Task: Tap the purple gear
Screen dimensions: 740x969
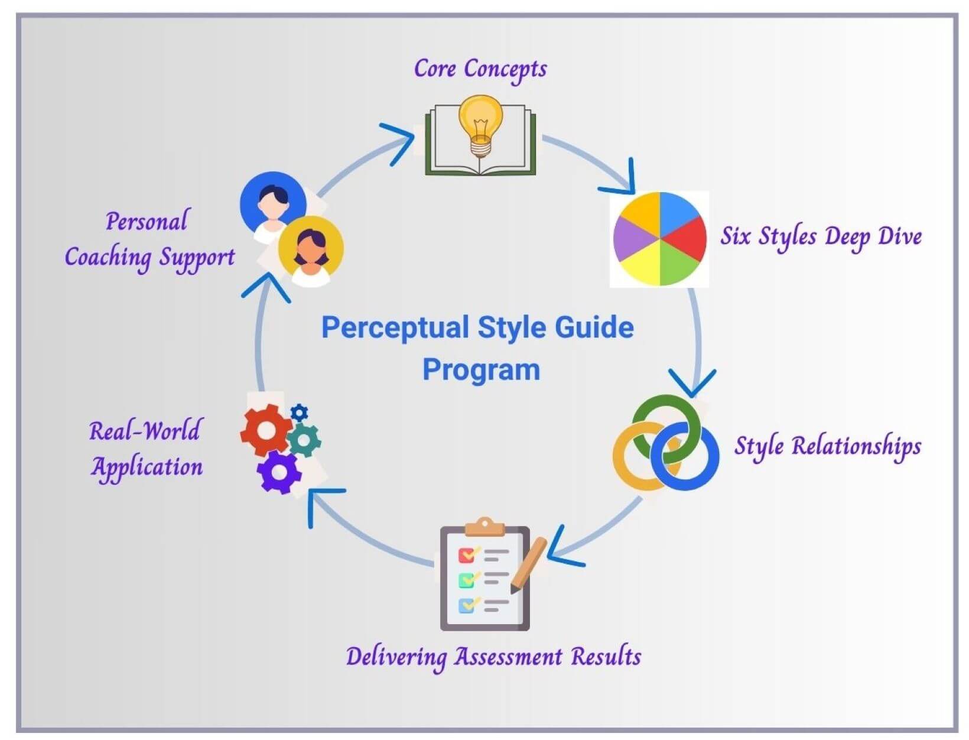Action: tap(278, 472)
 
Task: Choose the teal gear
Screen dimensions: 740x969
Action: tap(304, 440)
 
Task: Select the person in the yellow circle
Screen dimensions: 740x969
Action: tap(310, 251)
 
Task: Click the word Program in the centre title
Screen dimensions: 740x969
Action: tap(481, 371)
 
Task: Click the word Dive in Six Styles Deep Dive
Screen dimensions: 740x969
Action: tap(899, 236)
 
